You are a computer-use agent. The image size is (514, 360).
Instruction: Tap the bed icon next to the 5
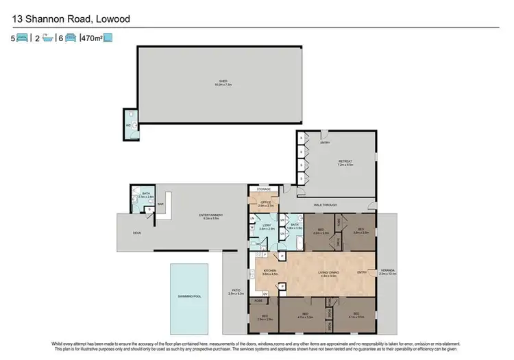[x=22, y=38]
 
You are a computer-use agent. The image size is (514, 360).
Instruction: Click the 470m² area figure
[x=92, y=38]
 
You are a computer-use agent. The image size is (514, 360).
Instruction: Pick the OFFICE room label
[x=266, y=202]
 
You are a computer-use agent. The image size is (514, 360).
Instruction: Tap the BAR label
[x=160, y=204]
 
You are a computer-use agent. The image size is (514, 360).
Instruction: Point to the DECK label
[x=136, y=232]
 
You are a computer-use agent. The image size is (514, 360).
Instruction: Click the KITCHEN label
[x=269, y=272]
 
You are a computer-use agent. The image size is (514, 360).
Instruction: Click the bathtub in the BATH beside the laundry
[x=301, y=242]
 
